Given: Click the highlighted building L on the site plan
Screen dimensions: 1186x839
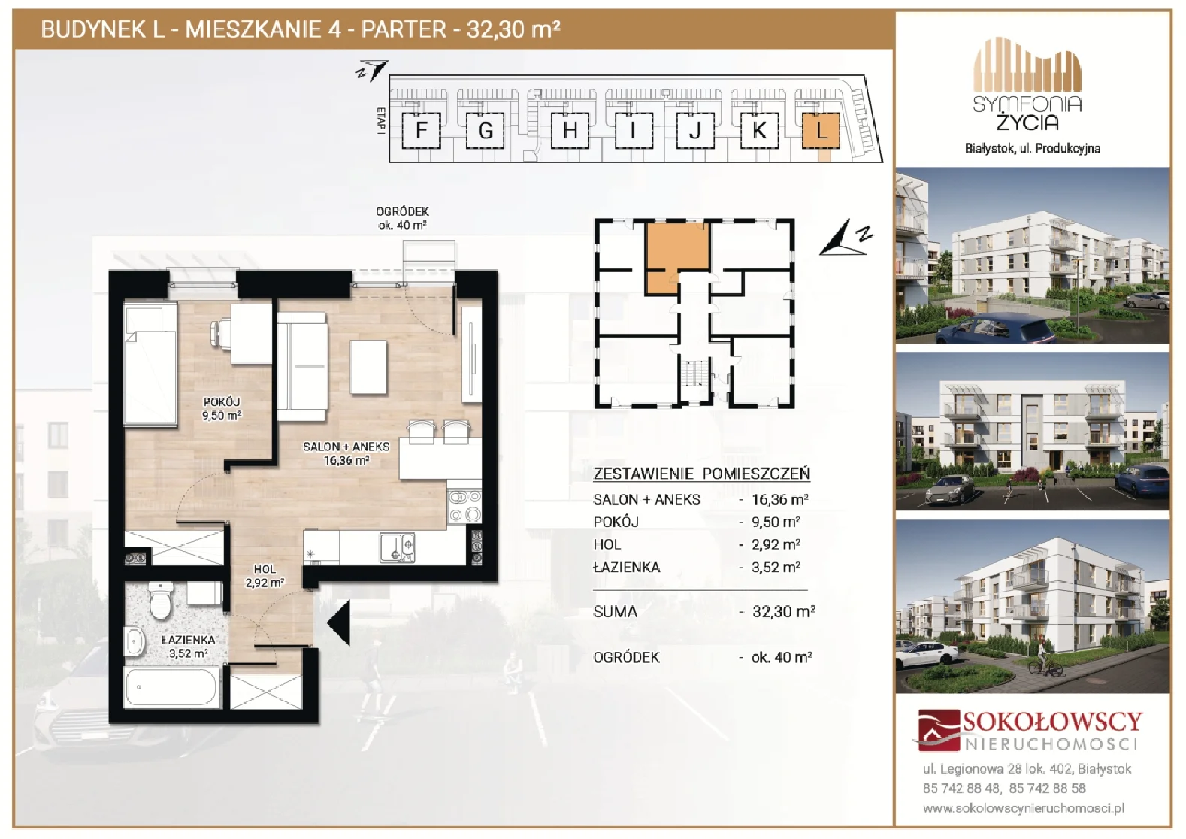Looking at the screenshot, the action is point(820,130).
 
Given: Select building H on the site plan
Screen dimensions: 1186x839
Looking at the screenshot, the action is point(570,130).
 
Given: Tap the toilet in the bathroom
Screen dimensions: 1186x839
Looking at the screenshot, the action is point(160,601).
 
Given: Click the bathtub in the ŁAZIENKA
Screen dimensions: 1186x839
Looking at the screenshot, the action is point(171,687).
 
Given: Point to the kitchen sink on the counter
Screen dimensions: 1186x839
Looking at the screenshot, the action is point(397,547).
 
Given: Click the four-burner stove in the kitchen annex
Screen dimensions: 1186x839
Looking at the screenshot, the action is point(464,507).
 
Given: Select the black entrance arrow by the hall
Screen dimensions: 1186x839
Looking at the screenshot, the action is point(339,623).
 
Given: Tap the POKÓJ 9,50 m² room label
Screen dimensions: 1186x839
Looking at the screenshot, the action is point(222,409).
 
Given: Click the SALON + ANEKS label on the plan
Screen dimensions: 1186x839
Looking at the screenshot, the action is point(346,447).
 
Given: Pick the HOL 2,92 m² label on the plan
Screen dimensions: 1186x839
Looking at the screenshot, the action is point(265,576).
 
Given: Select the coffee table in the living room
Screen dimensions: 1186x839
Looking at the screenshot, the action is point(368,367).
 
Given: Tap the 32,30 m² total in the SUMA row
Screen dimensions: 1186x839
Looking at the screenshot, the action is point(784,612).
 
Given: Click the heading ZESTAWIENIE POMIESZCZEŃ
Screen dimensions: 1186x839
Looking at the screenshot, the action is point(701,474).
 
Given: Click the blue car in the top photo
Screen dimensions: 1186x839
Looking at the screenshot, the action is point(996,329).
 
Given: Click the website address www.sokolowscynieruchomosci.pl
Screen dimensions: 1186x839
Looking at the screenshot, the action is point(1024,809).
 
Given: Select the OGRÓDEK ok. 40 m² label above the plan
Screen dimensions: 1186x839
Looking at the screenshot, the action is point(402,218).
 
